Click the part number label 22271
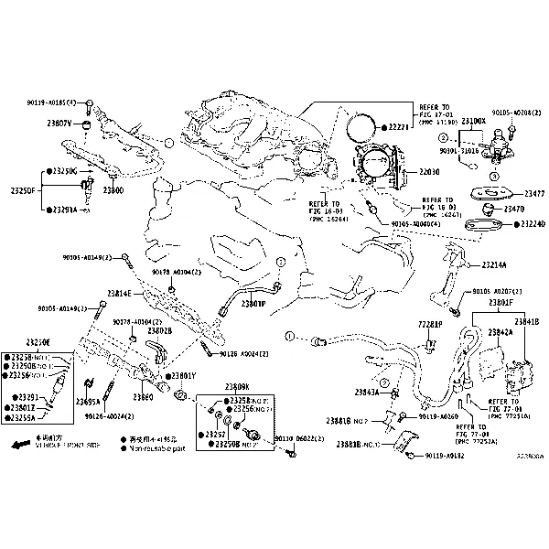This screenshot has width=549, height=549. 402,126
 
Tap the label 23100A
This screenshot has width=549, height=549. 474,121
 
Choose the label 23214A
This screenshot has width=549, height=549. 493,264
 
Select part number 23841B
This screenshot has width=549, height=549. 525,321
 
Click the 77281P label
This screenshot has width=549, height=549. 430,325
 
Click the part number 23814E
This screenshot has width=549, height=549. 119,293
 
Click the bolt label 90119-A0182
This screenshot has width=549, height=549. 446,455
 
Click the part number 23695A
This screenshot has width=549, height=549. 89,401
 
